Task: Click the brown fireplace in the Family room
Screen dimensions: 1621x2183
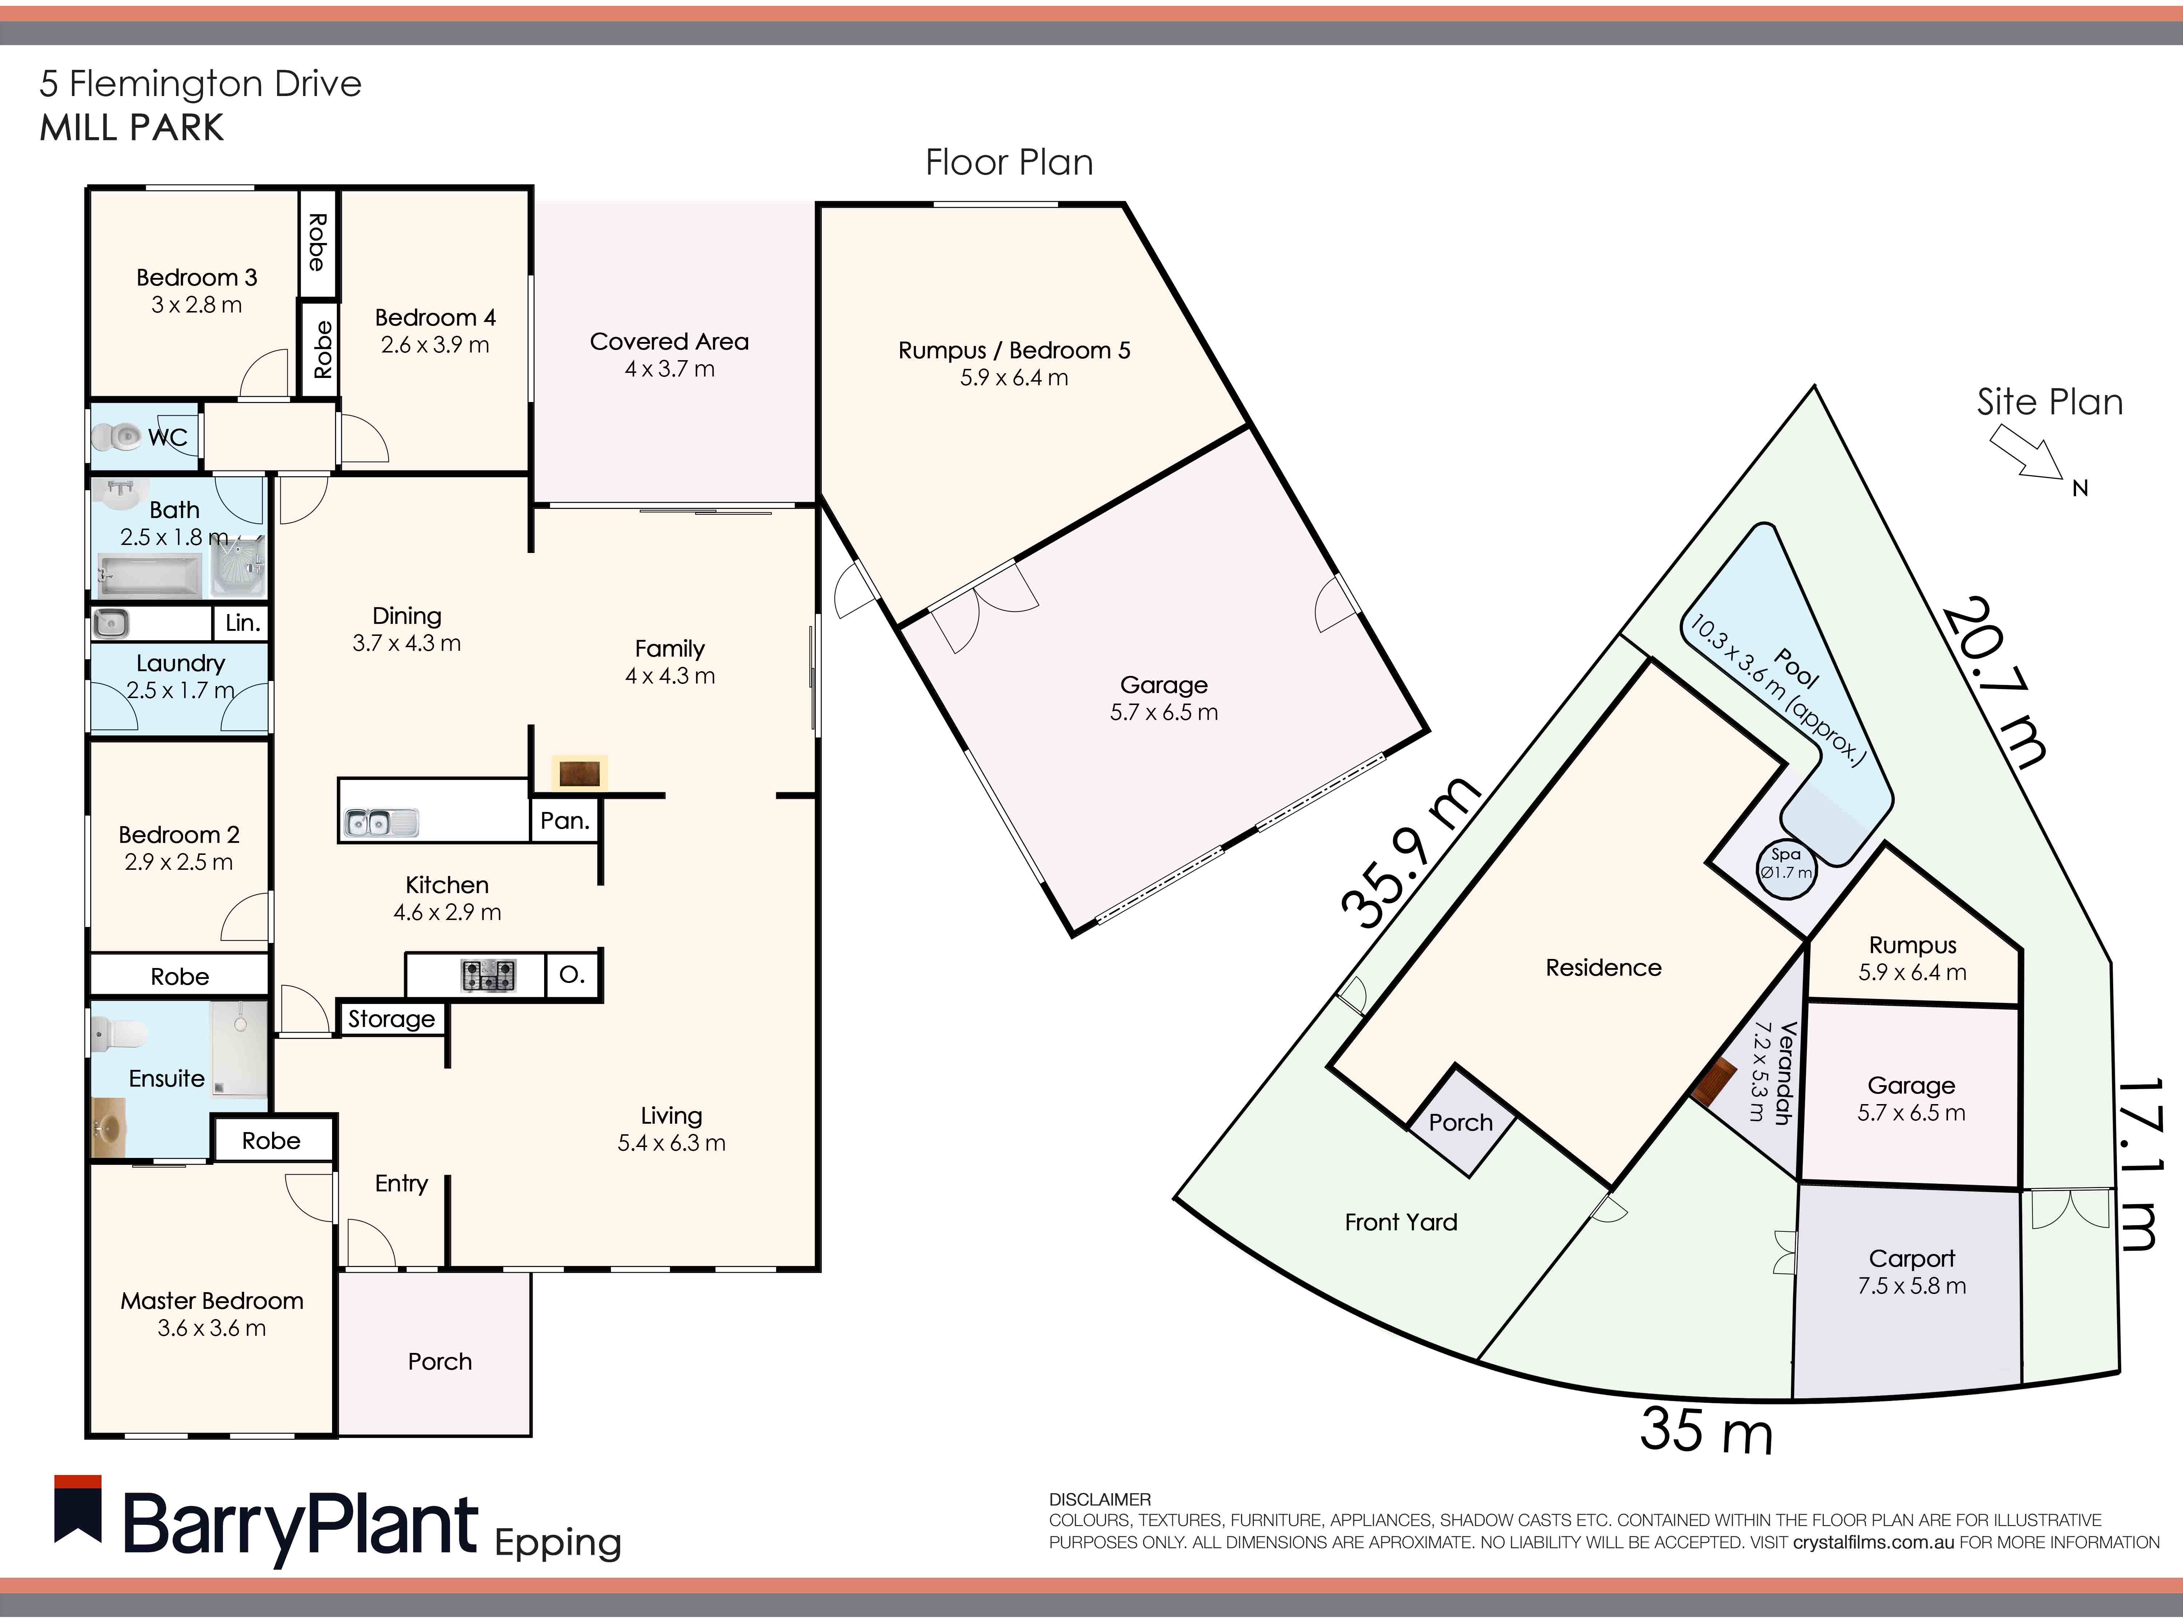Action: (x=579, y=773)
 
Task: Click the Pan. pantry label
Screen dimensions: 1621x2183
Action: (x=564, y=820)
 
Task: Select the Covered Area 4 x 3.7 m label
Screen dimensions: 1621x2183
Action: (x=669, y=354)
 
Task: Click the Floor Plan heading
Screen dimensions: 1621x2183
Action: (x=1009, y=162)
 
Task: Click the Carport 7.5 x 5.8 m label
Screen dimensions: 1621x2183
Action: (x=1911, y=1272)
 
